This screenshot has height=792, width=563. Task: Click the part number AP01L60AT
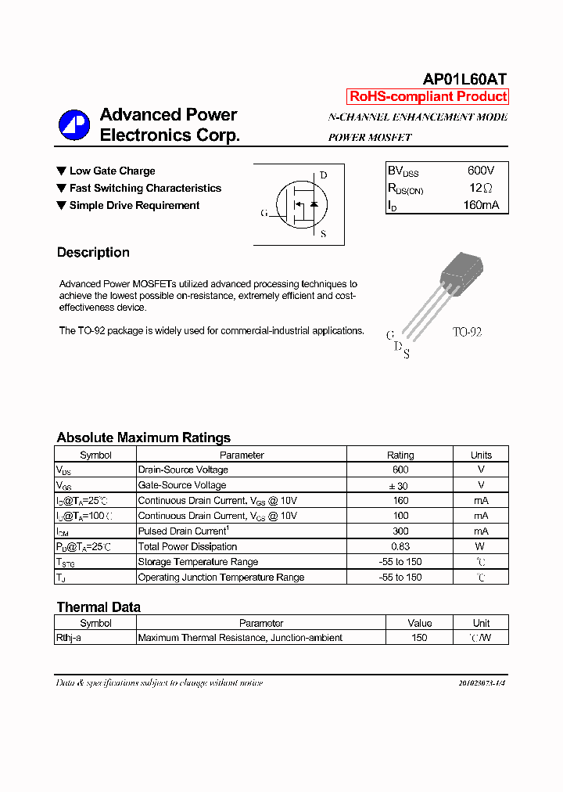(464, 79)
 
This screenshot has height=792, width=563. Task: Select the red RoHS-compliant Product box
(428, 97)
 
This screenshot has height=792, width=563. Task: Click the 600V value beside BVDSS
(480, 171)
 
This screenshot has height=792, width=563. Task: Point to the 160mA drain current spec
(480, 206)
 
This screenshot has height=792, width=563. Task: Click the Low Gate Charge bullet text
(112, 171)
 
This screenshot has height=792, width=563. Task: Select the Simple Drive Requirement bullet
(134, 205)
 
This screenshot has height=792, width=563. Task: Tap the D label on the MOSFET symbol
(323, 175)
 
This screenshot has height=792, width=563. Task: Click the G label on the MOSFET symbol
(264, 213)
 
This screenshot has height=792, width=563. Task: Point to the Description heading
(93, 253)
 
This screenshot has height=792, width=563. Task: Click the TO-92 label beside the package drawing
(467, 332)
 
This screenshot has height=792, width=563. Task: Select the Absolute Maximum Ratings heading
(143, 437)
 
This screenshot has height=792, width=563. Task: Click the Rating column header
(400, 455)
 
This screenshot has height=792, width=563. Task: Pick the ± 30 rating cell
(400, 485)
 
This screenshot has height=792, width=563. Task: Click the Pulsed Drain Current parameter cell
(183, 531)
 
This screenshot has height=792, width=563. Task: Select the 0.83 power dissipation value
(400, 546)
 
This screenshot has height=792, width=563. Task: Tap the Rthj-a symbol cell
(69, 638)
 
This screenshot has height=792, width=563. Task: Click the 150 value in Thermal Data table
(419, 638)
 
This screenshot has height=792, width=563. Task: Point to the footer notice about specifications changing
(159, 683)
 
